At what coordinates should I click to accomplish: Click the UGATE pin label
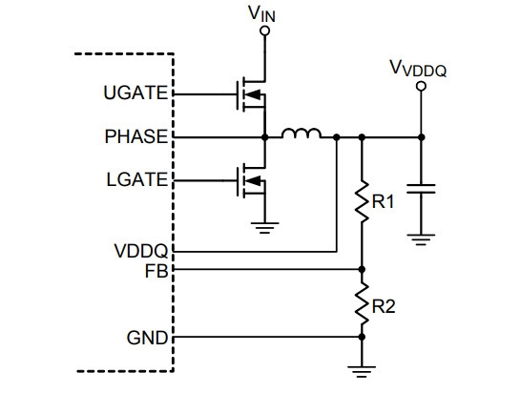click(135, 93)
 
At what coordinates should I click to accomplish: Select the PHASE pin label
click(136, 136)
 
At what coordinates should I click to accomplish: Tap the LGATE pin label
click(137, 179)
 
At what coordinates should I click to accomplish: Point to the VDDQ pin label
click(141, 251)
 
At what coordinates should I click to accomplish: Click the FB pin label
click(156, 271)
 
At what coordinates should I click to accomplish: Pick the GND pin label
click(147, 339)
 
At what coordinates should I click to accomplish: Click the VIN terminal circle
click(265, 31)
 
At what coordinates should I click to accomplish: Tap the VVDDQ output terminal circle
click(421, 87)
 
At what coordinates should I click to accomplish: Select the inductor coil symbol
click(302, 133)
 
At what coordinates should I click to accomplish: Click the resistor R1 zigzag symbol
click(362, 201)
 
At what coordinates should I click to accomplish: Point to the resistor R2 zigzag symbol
click(362, 303)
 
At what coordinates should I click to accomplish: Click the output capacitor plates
click(421, 189)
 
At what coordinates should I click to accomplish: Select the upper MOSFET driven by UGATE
click(252, 94)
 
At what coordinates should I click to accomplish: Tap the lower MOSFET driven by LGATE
click(252, 180)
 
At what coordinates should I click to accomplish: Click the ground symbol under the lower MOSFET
click(265, 228)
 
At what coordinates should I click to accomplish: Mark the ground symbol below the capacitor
click(421, 239)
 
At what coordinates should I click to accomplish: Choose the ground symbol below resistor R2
click(362, 372)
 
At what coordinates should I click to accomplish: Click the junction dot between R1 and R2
click(362, 269)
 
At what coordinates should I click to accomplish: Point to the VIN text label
click(261, 14)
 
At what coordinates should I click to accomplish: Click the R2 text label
click(384, 306)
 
